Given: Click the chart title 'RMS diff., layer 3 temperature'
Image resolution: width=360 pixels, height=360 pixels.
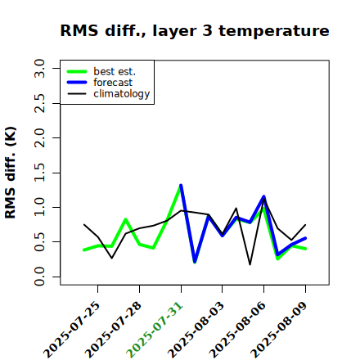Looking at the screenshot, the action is (x=195, y=30).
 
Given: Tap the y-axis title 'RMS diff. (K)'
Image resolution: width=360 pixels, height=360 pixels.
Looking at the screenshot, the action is (x=11, y=173).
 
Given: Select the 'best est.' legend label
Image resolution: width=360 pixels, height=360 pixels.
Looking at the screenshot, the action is (x=115, y=71).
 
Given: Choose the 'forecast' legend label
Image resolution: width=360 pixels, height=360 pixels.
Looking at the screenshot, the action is (x=113, y=83).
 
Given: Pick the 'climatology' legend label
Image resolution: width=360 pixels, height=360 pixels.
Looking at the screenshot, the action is (x=122, y=94).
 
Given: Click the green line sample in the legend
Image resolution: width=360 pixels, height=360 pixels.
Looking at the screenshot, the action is (x=77, y=72).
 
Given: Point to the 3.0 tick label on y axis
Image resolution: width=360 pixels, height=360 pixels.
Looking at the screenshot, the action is (x=39, y=68).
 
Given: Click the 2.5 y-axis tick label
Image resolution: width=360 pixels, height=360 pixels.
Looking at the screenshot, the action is (x=39, y=103).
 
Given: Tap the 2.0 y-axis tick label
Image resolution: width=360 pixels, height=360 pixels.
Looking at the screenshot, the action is (x=39, y=138).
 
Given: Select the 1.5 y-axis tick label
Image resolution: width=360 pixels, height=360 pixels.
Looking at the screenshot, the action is (x=39, y=173).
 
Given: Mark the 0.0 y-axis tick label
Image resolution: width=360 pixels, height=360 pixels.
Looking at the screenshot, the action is (x=39, y=277).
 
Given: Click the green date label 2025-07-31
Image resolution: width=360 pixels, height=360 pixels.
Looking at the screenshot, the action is (x=155, y=330).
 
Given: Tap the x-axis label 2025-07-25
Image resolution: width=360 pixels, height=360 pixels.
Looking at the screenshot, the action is (x=71, y=330).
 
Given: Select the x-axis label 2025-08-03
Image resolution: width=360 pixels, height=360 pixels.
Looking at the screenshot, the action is (x=196, y=330).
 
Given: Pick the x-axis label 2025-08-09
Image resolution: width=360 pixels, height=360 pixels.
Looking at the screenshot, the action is (x=279, y=330).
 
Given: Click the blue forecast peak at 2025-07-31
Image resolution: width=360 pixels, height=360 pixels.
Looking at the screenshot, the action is (x=181, y=186).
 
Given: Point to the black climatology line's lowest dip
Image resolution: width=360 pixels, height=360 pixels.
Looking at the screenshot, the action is (x=250, y=264).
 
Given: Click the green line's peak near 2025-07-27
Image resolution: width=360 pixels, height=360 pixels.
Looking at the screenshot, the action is (x=125, y=219).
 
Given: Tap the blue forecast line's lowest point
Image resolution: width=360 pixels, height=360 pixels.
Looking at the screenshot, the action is (x=195, y=262).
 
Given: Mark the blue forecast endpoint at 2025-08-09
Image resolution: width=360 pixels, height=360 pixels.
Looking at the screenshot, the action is (x=305, y=238).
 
